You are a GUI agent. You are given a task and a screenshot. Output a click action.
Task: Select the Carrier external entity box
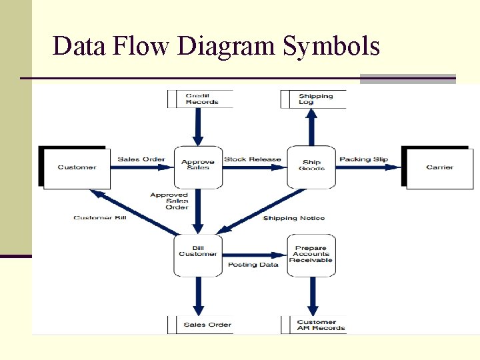pos(439,167)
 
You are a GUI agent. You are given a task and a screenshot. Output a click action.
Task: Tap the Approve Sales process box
pos(198,165)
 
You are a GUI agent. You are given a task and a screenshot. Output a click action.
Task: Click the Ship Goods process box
pos(311,165)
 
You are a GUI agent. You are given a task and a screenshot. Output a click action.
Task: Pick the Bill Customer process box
pos(198,254)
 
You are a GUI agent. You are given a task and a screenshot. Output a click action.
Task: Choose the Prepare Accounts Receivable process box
pos(311,254)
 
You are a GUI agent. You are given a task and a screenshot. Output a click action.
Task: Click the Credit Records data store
pos(201,99)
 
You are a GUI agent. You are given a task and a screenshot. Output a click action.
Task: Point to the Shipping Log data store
pos(315,99)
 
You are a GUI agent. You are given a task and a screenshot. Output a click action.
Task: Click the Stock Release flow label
pos(253,159)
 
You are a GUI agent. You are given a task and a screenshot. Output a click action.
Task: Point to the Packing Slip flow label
pos(363,159)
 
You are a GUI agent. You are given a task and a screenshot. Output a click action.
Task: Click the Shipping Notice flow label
pos(294,218)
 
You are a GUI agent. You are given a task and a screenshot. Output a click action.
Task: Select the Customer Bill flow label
pos(100,218)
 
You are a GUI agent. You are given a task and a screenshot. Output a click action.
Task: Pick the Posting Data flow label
pos(253,265)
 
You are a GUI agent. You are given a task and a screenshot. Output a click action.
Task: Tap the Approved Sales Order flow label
pos(169,201)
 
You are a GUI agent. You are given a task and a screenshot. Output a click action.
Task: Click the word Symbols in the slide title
pos(331,47)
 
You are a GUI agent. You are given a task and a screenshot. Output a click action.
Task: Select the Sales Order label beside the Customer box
pos(141,159)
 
